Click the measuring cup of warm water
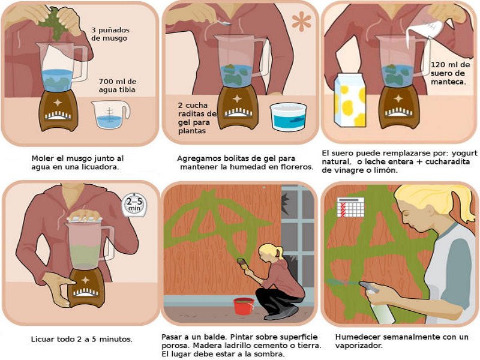click(x=110, y=115)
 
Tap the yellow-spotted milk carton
click(x=350, y=100)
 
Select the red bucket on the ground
click(x=244, y=306)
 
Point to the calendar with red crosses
click(x=350, y=207)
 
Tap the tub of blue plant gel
click(x=289, y=116)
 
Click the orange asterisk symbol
click(x=301, y=22)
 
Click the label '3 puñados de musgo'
click(x=110, y=34)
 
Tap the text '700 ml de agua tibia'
click(x=118, y=85)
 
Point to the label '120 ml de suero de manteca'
click(x=450, y=73)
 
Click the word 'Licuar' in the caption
click(x=41, y=339)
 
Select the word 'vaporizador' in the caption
click(x=359, y=346)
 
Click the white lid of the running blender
click(x=85, y=218)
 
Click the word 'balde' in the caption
click(x=215, y=337)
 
